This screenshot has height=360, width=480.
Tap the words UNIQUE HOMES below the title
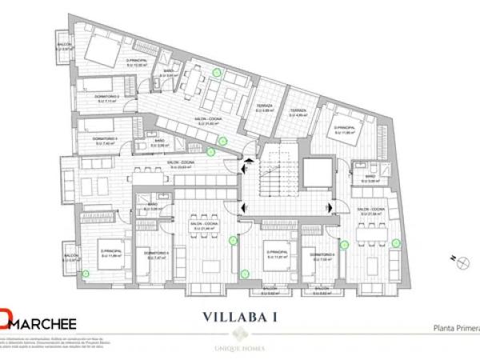point(239,349)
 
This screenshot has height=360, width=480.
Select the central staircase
point(274,173)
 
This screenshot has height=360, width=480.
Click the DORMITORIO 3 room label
point(94,139)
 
